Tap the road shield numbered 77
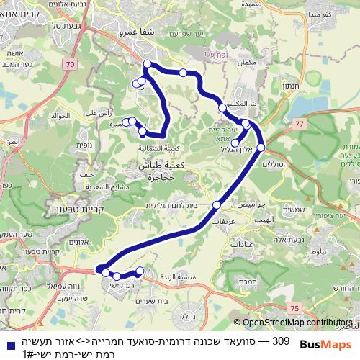(x=299, y=125)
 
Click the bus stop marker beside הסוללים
(x=261, y=148)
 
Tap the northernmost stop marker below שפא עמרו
(x=147, y=65)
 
